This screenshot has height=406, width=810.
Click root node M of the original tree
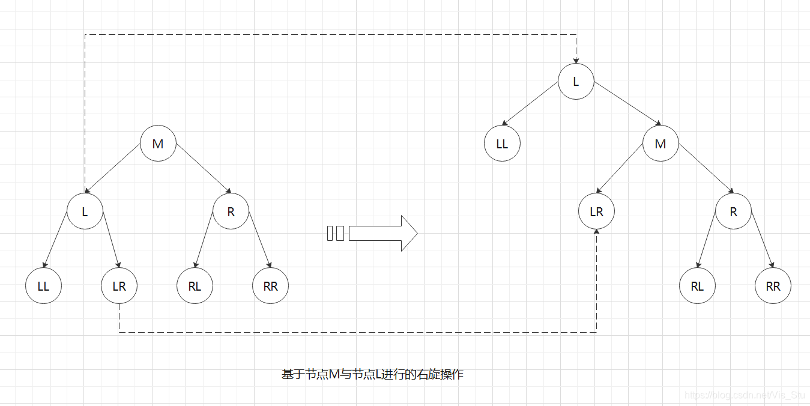[x=158, y=144]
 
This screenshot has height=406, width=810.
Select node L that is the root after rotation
[x=576, y=81]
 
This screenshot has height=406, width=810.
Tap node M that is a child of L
[x=660, y=144]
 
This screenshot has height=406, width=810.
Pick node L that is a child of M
[x=85, y=211]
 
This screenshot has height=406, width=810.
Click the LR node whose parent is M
[x=596, y=212]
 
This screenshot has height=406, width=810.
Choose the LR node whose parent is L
[x=119, y=286]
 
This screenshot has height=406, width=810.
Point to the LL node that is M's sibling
[x=502, y=144]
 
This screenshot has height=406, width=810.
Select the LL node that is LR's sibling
[x=43, y=286]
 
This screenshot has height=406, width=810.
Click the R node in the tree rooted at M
[x=231, y=211]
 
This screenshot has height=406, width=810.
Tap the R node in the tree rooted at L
[x=733, y=212]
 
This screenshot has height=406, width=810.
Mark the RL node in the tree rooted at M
[x=195, y=286]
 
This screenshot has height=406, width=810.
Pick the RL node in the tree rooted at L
[x=697, y=286]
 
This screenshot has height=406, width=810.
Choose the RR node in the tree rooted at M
[x=270, y=286]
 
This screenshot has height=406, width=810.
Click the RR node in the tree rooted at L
[x=773, y=286]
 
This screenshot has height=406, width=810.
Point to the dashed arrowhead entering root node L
[x=576, y=59]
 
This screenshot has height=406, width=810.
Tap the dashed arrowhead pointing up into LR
[x=596, y=234]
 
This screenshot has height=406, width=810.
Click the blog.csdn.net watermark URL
[x=745, y=395]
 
